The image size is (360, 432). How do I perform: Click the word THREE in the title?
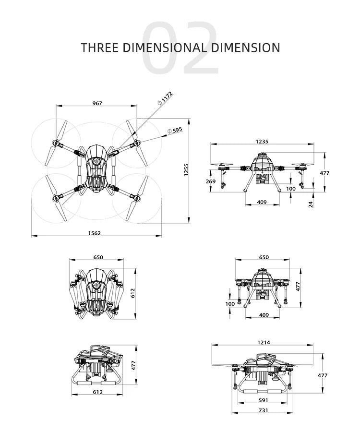point(96,48)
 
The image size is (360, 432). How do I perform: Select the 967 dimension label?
point(97,103)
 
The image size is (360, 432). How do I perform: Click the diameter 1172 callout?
point(165,97)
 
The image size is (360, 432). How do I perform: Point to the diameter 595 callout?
point(175,130)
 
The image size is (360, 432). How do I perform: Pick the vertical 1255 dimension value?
point(186,170)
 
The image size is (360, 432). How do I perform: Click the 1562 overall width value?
point(95,233)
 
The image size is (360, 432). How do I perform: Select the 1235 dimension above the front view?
point(262,142)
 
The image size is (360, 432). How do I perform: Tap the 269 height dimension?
point(210,181)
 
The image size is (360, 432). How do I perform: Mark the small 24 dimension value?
point(311,204)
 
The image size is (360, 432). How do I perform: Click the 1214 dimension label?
point(264,342)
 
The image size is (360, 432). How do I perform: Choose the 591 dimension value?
point(264,399)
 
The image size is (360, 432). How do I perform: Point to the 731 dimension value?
point(264,410)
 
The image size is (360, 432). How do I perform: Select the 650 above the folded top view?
point(98,257)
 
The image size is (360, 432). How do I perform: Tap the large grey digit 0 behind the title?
point(161,48)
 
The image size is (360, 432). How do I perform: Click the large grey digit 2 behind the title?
point(200,48)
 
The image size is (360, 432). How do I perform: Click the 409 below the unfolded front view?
point(262,202)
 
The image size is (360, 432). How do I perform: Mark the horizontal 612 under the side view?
point(98,392)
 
